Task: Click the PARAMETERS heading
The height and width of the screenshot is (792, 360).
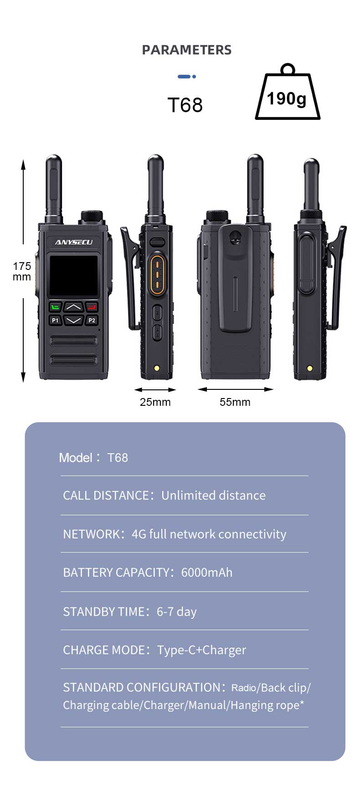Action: pos(186,50)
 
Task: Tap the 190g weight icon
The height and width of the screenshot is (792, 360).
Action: pos(287,97)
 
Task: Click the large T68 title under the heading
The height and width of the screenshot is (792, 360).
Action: pos(185,105)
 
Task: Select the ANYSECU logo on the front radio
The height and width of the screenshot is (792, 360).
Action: pos(73,242)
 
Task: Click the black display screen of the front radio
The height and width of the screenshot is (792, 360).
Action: pos(73,276)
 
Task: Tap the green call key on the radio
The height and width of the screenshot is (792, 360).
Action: pos(55,307)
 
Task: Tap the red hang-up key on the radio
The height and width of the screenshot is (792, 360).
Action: pos(92,307)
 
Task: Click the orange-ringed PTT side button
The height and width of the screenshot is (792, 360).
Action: pos(157,273)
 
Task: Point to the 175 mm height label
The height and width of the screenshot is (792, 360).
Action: pos(21,272)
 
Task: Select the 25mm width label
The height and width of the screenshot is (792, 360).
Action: pos(155,402)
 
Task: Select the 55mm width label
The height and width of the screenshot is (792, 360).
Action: pos(235,402)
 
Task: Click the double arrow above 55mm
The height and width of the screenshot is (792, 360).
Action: pos(235,389)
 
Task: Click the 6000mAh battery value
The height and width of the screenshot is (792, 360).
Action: pos(206,573)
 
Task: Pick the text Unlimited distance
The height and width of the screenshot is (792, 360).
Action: pos(213,496)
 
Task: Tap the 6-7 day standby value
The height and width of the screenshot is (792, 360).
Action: pos(176,612)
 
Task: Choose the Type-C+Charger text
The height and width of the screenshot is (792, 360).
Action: pos(201,650)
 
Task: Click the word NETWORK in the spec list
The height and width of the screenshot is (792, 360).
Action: pos(91,534)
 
